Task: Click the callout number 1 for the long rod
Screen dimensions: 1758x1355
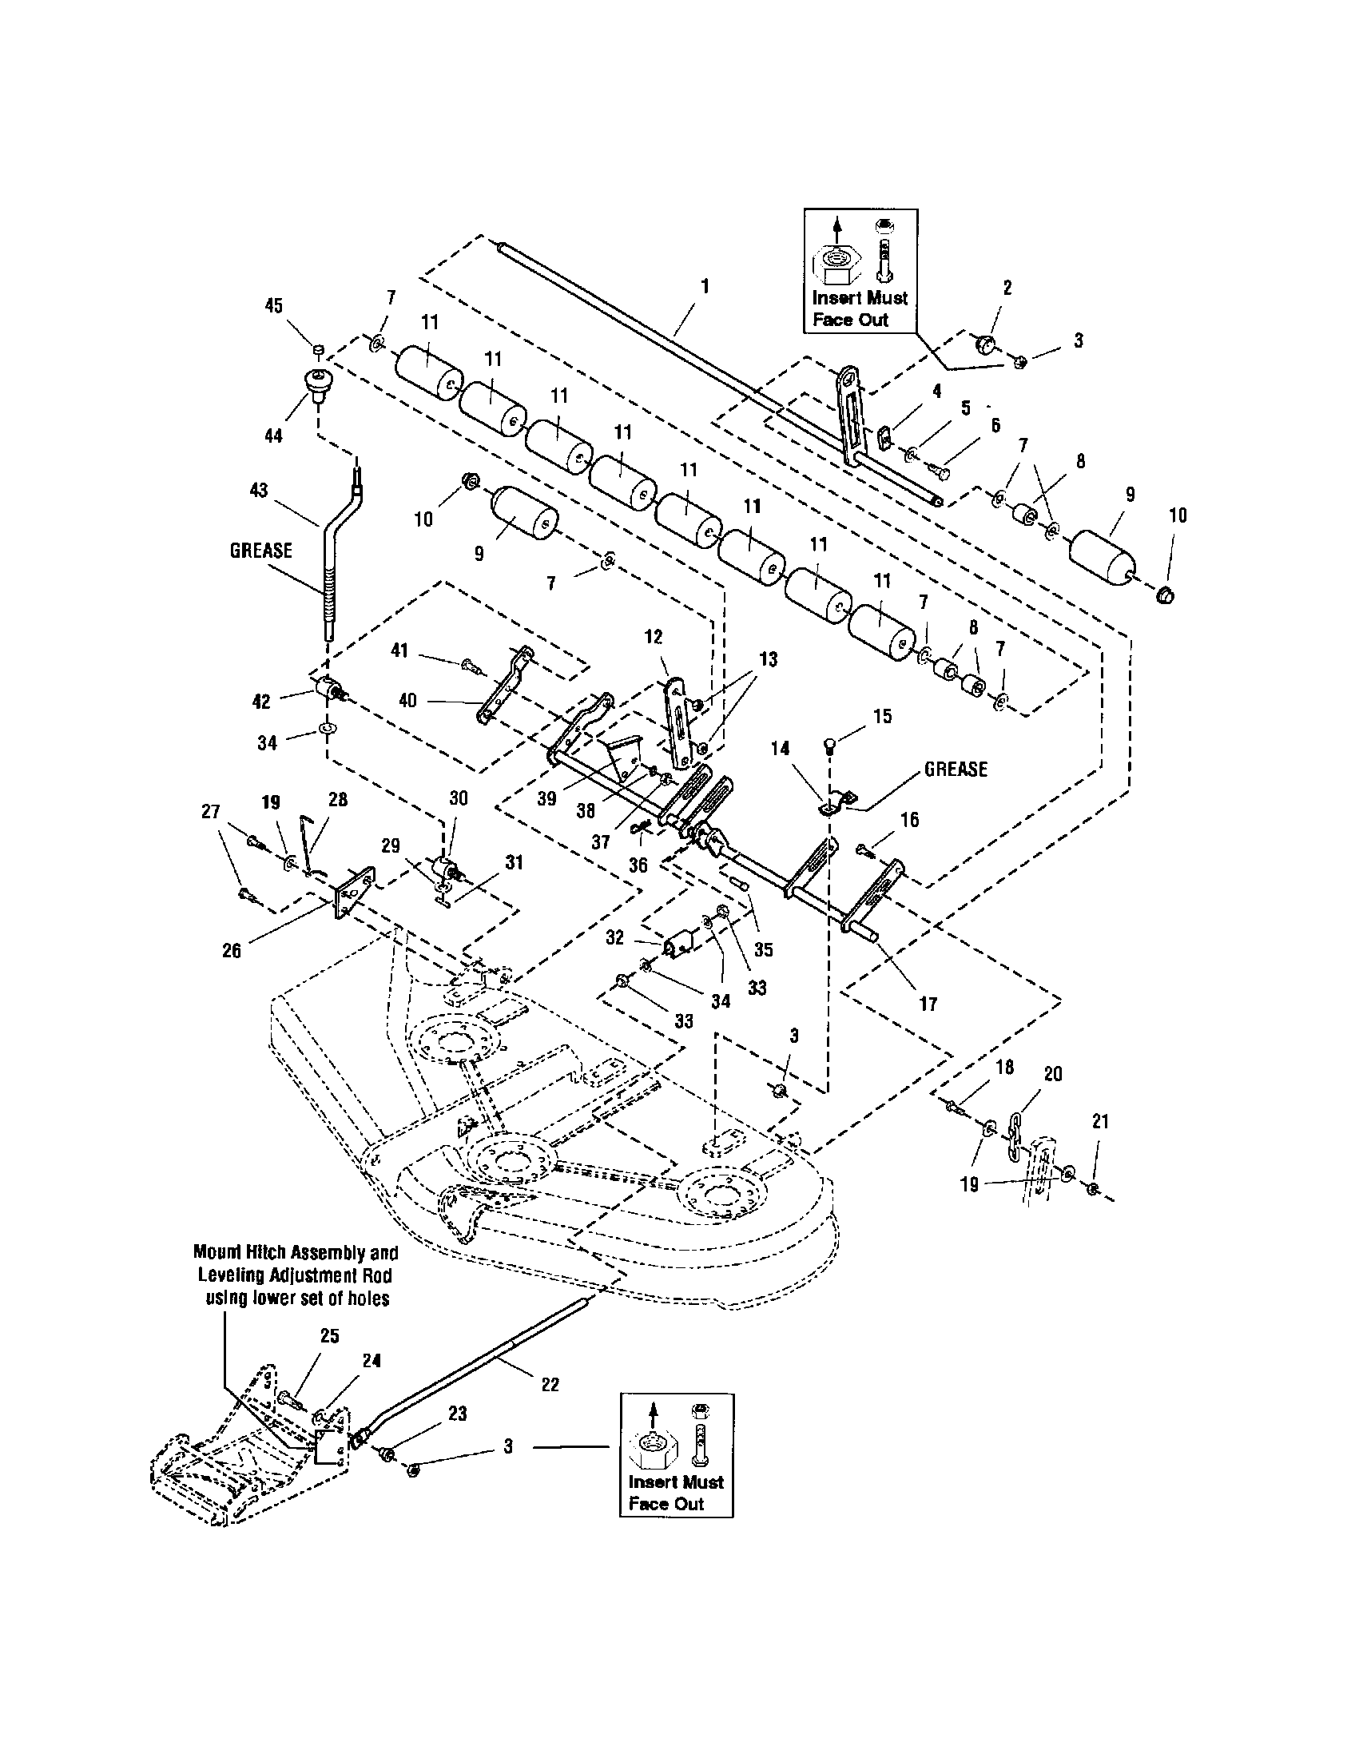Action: pos(705,285)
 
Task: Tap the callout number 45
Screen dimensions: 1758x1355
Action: pos(273,305)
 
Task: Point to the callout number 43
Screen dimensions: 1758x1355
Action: pos(259,489)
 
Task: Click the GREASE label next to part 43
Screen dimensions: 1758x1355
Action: pos(260,551)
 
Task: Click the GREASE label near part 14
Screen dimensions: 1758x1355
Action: pos(955,769)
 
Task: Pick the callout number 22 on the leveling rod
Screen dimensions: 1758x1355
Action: pos(550,1385)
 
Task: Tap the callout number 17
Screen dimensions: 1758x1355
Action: pos(928,1004)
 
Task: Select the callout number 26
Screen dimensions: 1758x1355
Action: pos(232,950)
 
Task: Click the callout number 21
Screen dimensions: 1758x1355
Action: pos(1100,1121)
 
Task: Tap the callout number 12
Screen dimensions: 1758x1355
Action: pos(654,637)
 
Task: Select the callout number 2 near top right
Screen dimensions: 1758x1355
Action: pos(1007,288)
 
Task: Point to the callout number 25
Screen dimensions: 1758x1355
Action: pos(329,1335)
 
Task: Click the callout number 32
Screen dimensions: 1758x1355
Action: pos(614,938)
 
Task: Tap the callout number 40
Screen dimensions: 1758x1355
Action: pos(408,700)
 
